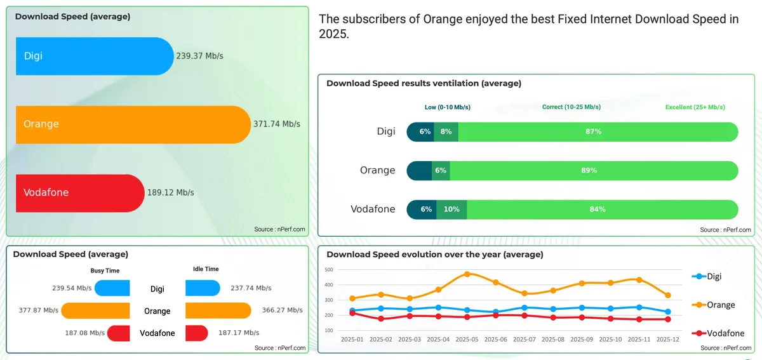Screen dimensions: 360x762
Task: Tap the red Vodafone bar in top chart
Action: [80, 192]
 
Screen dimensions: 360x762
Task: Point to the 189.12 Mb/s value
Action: [170, 192]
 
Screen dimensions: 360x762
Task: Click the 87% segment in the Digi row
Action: [597, 131]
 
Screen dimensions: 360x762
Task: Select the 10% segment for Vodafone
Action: [451, 210]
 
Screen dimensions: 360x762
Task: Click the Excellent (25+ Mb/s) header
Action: [695, 107]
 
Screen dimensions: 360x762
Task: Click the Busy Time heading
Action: [105, 270]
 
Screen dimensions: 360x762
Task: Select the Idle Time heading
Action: [206, 269]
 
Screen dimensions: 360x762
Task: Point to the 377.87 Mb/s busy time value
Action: [39, 310]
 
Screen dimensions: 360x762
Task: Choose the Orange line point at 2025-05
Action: [467, 274]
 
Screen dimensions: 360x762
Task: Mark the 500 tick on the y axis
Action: [328, 270]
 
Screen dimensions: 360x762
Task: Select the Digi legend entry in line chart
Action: [707, 276]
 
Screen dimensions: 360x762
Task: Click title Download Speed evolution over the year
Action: [434, 255]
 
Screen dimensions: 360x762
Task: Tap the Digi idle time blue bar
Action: [203, 288]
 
